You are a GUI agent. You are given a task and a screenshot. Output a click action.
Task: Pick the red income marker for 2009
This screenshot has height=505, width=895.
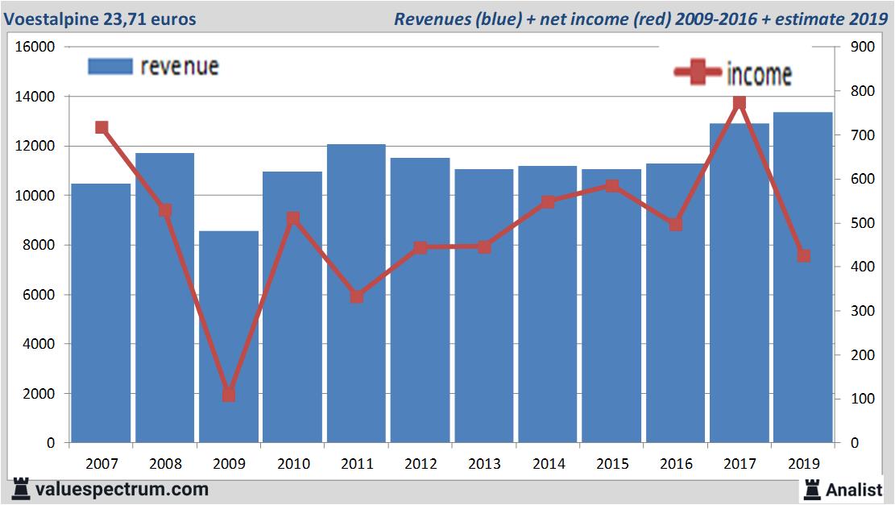pos(229,395)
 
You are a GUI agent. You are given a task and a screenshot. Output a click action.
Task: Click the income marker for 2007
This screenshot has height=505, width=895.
pos(102,127)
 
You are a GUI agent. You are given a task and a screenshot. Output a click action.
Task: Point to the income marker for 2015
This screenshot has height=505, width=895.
pos(611,186)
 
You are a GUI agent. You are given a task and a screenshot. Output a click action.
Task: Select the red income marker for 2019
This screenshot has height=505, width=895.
pos(803,256)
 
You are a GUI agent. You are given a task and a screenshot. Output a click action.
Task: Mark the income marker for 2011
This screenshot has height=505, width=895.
pos(357,296)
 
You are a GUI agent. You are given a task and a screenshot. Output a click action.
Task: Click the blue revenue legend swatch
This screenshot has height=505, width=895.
pos(110,67)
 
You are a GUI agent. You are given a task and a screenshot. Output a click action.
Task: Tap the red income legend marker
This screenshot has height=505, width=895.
pos(698,73)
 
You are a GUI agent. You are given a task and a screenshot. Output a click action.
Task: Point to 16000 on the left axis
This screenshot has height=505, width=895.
pos(35,47)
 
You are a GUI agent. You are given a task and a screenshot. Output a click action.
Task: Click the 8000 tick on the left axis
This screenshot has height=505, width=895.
pos(39,245)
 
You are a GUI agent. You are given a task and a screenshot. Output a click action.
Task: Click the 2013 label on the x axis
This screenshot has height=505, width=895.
pos(484,464)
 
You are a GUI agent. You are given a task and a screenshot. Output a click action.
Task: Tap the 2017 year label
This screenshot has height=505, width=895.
pos(740,464)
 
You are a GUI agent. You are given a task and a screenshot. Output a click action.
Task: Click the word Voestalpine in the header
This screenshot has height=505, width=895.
pos(50,19)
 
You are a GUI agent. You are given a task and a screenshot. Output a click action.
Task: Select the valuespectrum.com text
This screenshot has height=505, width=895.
pos(122,489)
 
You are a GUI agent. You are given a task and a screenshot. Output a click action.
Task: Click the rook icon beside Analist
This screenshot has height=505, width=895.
pos(811,489)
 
